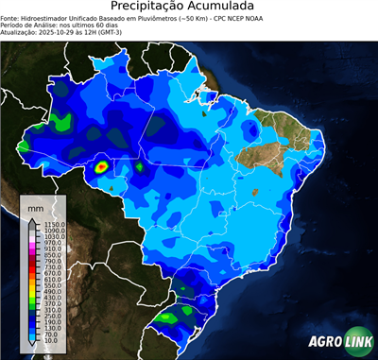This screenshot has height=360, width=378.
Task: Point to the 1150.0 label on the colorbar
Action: [52, 223]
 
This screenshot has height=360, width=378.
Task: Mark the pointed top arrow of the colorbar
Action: [31, 222]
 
